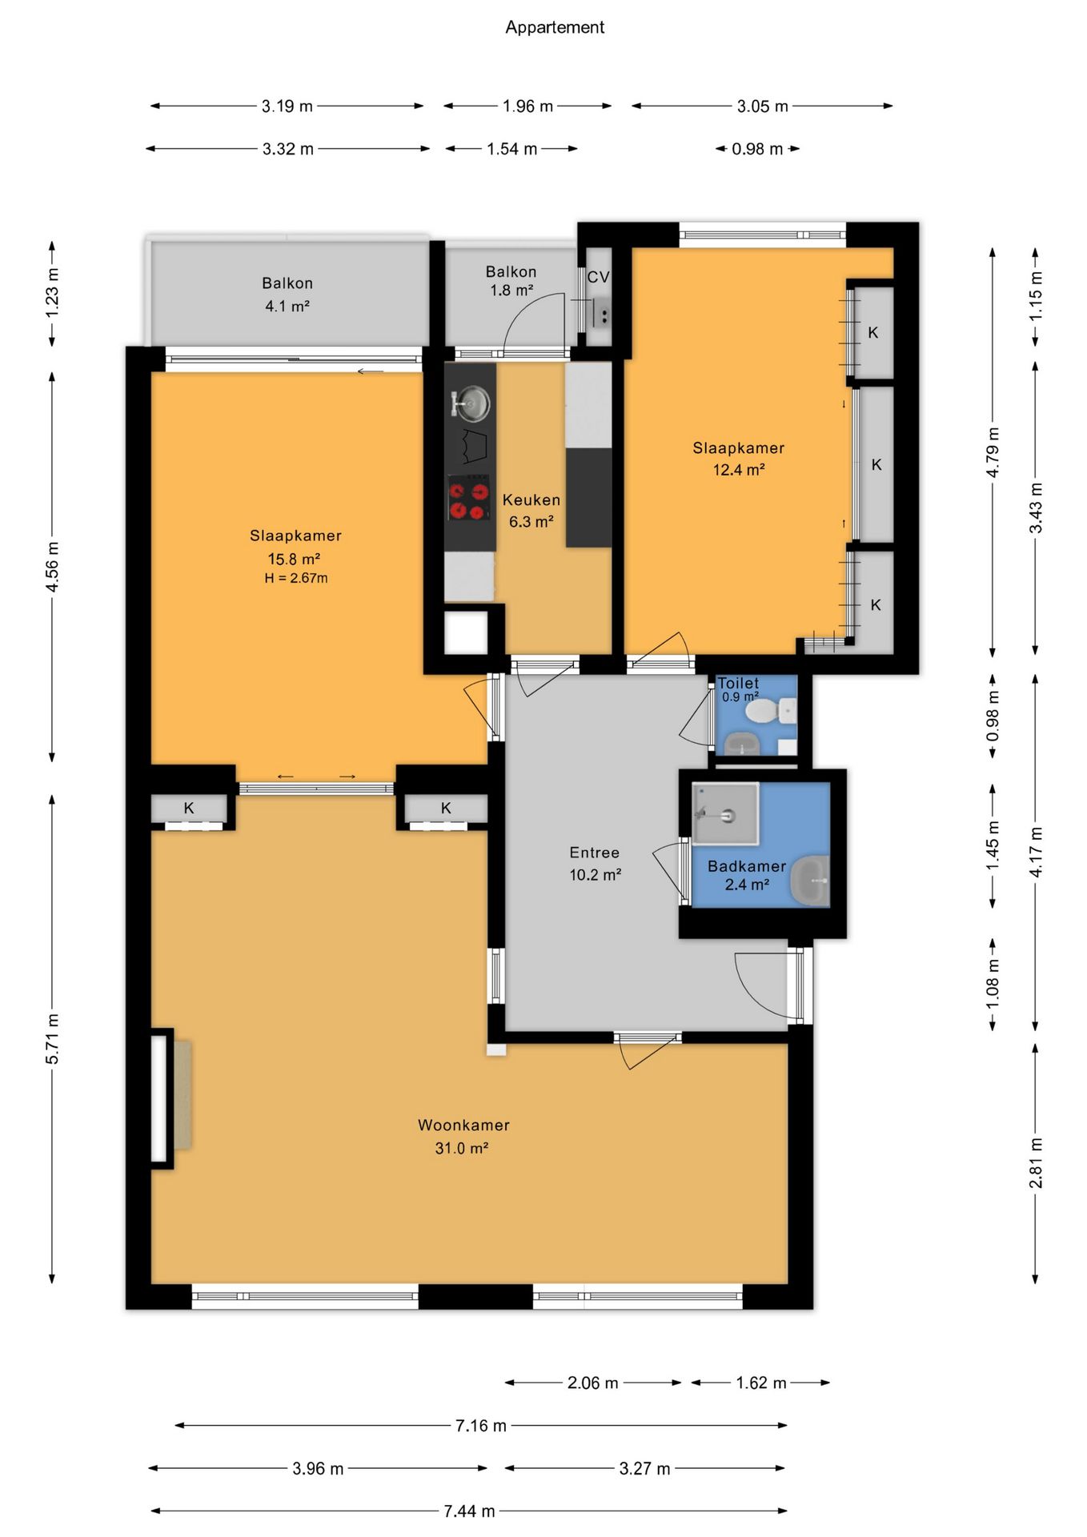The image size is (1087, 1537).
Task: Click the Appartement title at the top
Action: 555,27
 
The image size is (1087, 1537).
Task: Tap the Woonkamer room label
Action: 463,1126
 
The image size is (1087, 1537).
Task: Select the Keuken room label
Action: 531,500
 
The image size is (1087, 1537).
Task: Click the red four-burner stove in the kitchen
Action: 468,498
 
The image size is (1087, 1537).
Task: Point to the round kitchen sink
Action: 471,403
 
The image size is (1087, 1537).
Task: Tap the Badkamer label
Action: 747,866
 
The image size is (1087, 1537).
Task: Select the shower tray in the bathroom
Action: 725,814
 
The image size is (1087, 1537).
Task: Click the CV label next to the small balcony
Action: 598,277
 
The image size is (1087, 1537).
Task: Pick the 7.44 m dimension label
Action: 469,1511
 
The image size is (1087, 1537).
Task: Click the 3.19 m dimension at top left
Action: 287,106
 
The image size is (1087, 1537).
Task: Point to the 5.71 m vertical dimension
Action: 52,1039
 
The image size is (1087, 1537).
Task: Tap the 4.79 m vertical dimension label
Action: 993,453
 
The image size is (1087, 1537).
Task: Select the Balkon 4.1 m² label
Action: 287,295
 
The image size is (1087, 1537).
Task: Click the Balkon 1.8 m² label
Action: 511,281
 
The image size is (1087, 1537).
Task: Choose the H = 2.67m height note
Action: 296,578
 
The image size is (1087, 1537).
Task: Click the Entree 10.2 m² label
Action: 595,864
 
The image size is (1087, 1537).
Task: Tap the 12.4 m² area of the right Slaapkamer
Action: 739,470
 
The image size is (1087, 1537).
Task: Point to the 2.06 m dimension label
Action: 593,1383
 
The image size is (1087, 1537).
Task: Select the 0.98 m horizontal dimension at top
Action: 757,149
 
